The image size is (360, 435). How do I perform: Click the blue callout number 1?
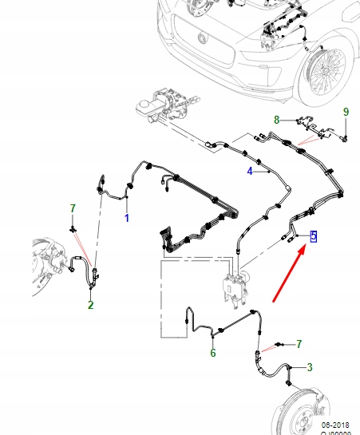click(x=126, y=217)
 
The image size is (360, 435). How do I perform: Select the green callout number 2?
click(x=90, y=305)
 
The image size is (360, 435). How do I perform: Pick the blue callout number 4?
click(x=249, y=172)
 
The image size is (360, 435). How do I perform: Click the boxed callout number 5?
click(x=314, y=235)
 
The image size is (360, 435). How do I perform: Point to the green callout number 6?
click(x=212, y=354)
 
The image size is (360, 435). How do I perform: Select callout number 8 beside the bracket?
click(x=277, y=120)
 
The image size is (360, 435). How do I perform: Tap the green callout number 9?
click(x=346, y=112)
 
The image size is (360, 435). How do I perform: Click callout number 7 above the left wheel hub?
click(x=72, y=208)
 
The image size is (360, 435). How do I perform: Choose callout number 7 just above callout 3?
click(x=299, y=344)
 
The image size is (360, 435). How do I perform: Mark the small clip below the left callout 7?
click(x=72, y=229)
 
